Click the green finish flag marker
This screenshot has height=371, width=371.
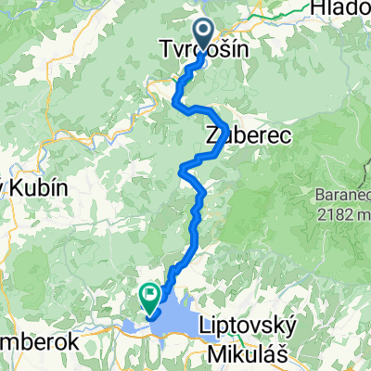[x=148, y=294]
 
